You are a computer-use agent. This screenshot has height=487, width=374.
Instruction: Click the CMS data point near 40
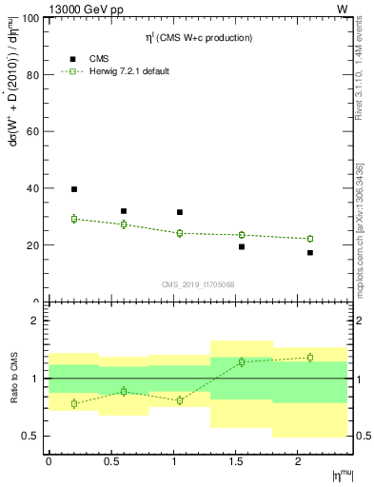pyautogui.click(x=74, y=189)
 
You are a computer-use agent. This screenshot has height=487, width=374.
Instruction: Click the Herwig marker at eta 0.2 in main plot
pyautogui.click(x=74, y=219)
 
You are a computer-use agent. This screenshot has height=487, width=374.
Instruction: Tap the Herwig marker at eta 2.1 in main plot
pyautogui.click(x=310, y=239)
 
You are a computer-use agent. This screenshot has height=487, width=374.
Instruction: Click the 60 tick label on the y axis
pyautogui.click(x=33, y=132)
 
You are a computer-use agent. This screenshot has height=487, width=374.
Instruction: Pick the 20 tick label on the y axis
pyautogui.click(x=33, y=245)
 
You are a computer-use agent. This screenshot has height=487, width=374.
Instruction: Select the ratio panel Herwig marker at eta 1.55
pyautogui.click(x=242, y=361)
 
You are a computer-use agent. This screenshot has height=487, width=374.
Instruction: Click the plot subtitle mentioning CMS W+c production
pyautogui.click(x=197, y=38)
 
